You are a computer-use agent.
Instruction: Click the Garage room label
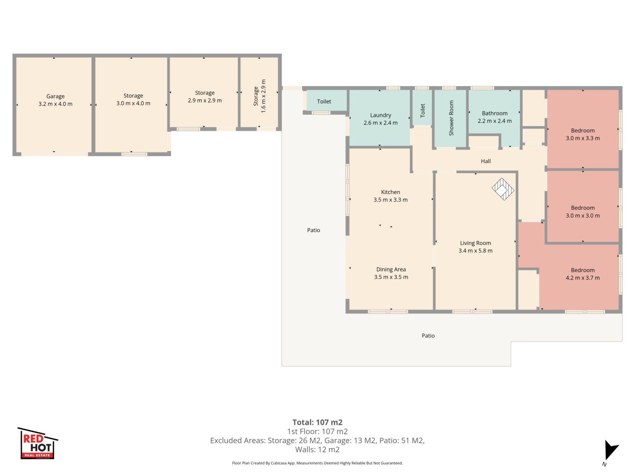pos(55,100)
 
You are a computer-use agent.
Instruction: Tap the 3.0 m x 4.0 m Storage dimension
pos(133,103)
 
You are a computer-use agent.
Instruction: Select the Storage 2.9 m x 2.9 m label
pos(204,96)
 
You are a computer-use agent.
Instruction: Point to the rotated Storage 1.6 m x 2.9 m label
pos(259,96)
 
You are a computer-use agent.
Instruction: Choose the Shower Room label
pos(451,118)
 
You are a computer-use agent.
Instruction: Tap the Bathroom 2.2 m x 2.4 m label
pos(495,117)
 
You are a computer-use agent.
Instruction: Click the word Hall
pos(486,161)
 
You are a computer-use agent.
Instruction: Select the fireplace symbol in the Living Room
pos(503,189)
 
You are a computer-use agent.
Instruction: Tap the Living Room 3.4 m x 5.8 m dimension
pos(475,251)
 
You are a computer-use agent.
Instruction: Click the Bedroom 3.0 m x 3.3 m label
pos(583,134)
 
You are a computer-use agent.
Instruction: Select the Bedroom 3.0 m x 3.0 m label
pos(583,211)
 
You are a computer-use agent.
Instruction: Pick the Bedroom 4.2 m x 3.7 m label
pos(583,274)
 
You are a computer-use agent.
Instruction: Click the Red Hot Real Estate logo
pos(38,443)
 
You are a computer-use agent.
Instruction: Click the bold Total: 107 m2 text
pos(317,422)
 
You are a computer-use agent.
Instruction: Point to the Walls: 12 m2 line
pos(317,449)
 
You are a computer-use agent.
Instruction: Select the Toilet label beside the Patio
pos(324,102)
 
